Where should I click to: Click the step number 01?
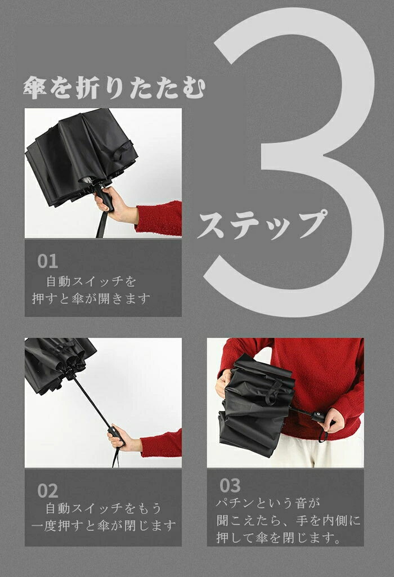47,261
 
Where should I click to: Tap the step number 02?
47,491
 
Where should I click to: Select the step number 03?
230,485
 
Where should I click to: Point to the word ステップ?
262,225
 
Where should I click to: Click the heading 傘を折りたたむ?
114,88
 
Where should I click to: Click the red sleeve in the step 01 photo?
159,218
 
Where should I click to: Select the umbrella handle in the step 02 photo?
117,437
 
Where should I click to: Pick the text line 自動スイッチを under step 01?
91,281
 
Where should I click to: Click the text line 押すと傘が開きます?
91,298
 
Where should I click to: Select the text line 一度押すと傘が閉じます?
104,525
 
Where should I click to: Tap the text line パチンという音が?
268,503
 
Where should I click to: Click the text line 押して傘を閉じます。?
278,538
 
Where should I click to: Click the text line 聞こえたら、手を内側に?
288,520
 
